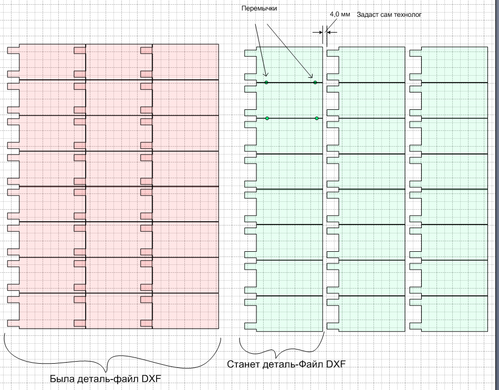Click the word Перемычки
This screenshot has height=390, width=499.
pyautogui.click(x=259, y=9)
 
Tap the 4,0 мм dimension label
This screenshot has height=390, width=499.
pyautogui.click(x=339, y=14)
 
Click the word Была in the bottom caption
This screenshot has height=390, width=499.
pyautogui.click(x=61, y=378)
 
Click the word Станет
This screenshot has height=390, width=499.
pyautogui.click(x=243, y=364)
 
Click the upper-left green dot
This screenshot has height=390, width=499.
pyautogui.click(x=266, y=83)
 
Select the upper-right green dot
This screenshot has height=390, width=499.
pyautogui.click(x=315, y=83)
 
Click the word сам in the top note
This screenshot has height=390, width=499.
pyautogui.click(x=386, y=15)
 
